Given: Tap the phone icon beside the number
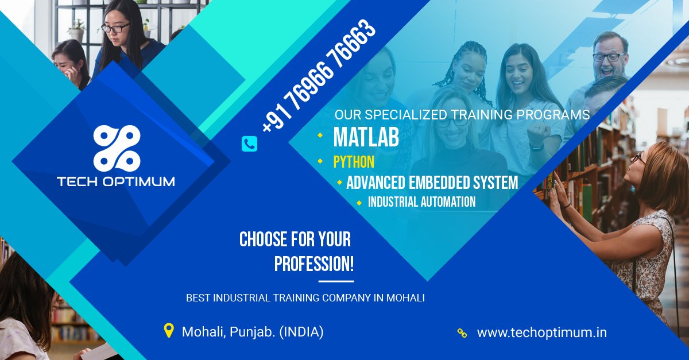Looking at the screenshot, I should pyautogui.click(x=249, y=144).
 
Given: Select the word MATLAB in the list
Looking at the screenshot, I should pyautogui.click(x=366, y=138).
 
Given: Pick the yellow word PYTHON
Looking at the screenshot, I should pyautogui.click(x=354, y=162).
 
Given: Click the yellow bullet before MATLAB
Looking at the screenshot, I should pyautogui.click(x=320, y=136).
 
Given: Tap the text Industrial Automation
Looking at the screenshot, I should pyautogui.click(x=421, y=202).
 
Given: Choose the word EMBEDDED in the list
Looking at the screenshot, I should pyautogui.click(x=440, y=183).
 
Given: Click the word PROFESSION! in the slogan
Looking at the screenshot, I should pyautogui.click(x=313, y=264).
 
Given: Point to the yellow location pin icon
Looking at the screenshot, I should pyautogui.click(x=168, y=331).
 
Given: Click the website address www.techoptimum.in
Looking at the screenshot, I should pyautogui.click(x=541, y=332).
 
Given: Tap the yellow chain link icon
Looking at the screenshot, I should pyautogui.click(x=462, y=333).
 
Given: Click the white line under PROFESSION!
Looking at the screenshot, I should pyautogui.click(x=336, y=281).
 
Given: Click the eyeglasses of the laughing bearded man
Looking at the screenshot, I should pyautogui.click(x=609, y=57).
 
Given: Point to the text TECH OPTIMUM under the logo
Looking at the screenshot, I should pyautogui.click(x=116, y=181).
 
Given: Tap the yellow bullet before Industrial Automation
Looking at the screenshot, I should pyautogui.click(x=359, y=202).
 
